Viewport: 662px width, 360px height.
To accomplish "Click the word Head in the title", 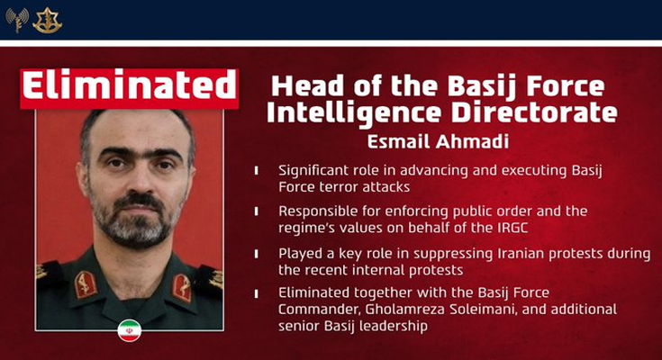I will tap(306, 87).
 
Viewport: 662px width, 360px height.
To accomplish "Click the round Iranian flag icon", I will tap(130, 330).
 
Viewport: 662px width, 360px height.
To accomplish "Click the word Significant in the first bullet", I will tap(314, 169).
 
